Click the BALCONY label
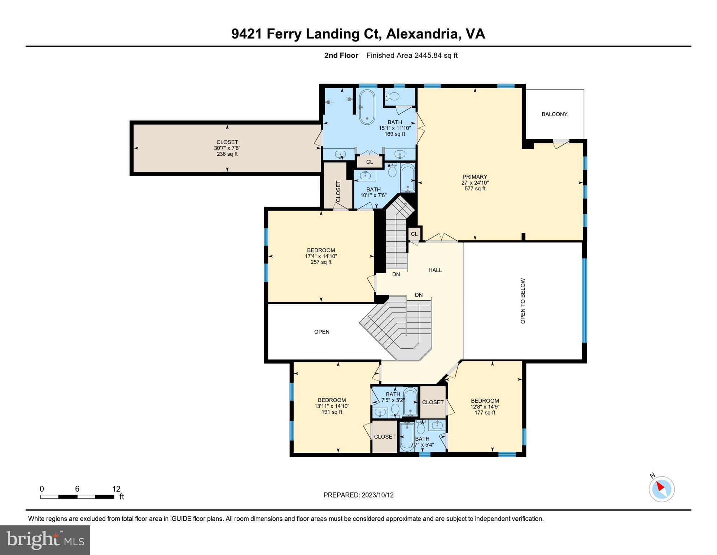pos(554,114)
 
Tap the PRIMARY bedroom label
pos(475,182)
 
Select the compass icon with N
pos(661,489)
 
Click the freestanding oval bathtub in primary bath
pos(367,107)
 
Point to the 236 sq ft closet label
pos(227,148)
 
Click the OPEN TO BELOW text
pos(523,301)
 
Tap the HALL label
pos(435,270)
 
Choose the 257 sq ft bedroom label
pos(321,256)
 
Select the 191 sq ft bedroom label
pos(332,406)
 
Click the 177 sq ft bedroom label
pos(485,406)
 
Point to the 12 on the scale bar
pos(116,489)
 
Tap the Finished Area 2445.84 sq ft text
pos(412,55)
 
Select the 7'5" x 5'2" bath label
pos(393,397)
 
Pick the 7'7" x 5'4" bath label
pos(422,442)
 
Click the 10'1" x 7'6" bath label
pos(373,192)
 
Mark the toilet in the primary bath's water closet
pos(392,96)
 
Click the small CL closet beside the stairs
pos(414,234)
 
